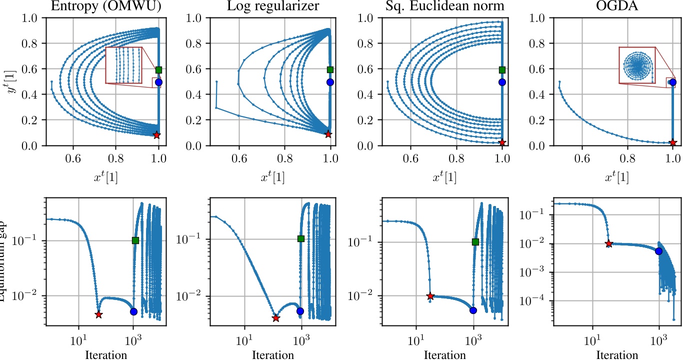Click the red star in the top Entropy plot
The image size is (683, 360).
pos(157,135)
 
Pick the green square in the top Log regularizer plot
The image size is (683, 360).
pos(329,69)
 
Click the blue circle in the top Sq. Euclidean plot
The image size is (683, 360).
pos(502,81)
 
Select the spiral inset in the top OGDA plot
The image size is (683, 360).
pos(636,65)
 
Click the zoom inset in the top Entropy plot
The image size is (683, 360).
pos(124,65)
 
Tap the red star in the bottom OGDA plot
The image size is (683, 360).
pos(608,243)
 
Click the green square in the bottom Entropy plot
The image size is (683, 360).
pos(135,240)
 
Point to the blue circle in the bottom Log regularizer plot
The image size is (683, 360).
pos(300,311)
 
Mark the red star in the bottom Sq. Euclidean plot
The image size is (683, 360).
pos(430,296)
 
